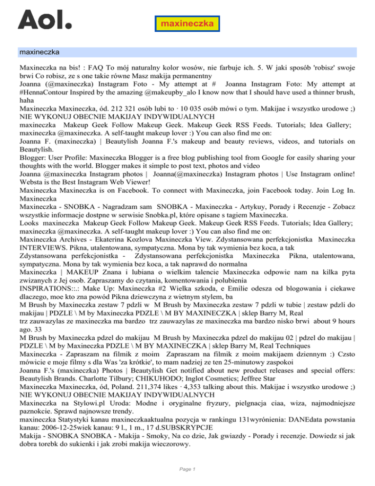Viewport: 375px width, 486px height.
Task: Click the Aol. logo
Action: click(x=44, y=20)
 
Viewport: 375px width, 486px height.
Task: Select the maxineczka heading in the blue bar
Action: click(x=39, y=51)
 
